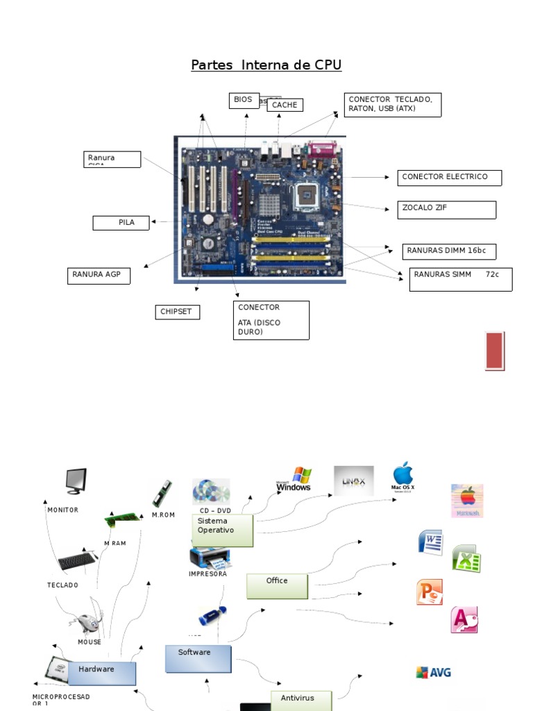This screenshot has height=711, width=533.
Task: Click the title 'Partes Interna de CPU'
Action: (x=266, y=65)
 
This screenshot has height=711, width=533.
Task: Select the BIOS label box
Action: (x=244, y=100)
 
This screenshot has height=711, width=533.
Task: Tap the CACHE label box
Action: (x=285, y=105)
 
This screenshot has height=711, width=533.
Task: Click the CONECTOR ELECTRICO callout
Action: (x=448, y=177)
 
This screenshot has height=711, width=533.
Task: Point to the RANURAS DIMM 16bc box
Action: (x=448, y=251)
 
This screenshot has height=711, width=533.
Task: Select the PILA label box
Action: (x=122, y=223)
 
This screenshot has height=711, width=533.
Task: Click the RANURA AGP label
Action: (x=99, y=275)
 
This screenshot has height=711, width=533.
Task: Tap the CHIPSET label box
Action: (x=177, y=312)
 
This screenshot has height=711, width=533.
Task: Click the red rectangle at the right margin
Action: (x=495, y=351)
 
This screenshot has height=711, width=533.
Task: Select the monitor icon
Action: (x=76, y=481)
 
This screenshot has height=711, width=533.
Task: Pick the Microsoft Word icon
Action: (x=430, y=542)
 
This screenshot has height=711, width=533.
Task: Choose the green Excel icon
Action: (x=466, y=558)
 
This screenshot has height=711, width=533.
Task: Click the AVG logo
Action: (x=433, y=672)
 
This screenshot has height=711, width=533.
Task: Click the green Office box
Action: (x=277, y=585)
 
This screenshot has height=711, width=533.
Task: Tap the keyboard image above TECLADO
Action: (x=77, y=560)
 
